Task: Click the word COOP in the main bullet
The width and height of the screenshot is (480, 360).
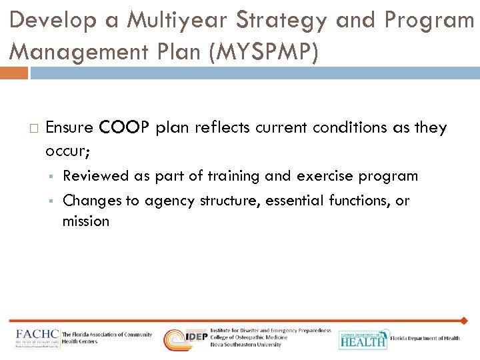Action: tap(126, 127)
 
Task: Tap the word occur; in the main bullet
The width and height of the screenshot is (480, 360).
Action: tap(68, 151)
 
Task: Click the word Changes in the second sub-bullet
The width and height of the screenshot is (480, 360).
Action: tap(91, 201)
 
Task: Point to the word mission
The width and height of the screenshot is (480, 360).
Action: tap(86, 221)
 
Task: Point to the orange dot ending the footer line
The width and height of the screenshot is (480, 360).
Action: tap(464, 321)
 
